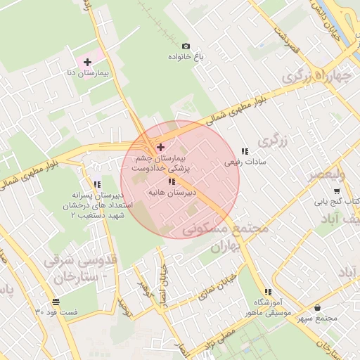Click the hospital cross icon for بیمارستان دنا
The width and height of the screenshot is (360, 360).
(87, 63)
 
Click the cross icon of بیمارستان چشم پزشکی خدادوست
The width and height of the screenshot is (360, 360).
(161, 147)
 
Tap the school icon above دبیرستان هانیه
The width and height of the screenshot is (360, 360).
(172, 181)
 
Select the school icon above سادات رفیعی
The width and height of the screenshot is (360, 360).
(245, 151)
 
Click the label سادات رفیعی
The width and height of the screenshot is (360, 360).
(241, 162)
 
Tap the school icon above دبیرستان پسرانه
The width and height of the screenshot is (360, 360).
(97, 184)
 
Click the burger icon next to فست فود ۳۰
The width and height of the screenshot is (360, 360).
(37, 311)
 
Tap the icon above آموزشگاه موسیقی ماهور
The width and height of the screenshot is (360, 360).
(267, 292)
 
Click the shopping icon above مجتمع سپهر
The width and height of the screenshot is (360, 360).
(318, 307)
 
